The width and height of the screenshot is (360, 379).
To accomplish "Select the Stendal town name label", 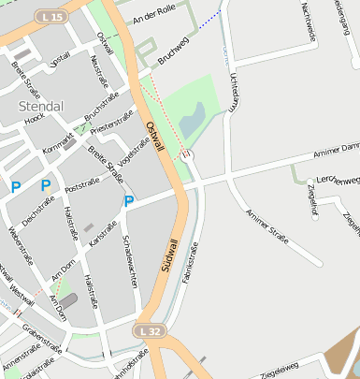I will coord(41,106).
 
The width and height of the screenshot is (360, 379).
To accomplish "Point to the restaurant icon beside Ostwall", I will coord(188,153).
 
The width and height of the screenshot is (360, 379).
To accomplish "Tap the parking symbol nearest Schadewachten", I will coord(129,200).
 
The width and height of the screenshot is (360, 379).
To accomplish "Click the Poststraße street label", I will coord(82,185).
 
